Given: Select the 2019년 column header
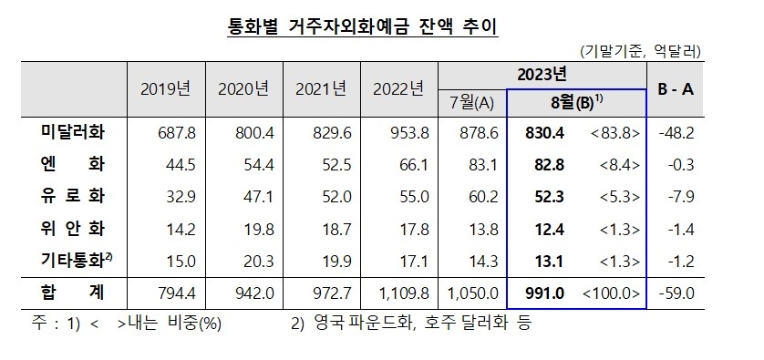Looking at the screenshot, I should point(165,88).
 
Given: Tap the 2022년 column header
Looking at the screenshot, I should point(398,88).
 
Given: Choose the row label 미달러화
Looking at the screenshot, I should point(73,132).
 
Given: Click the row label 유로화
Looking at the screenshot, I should point(73,196).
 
